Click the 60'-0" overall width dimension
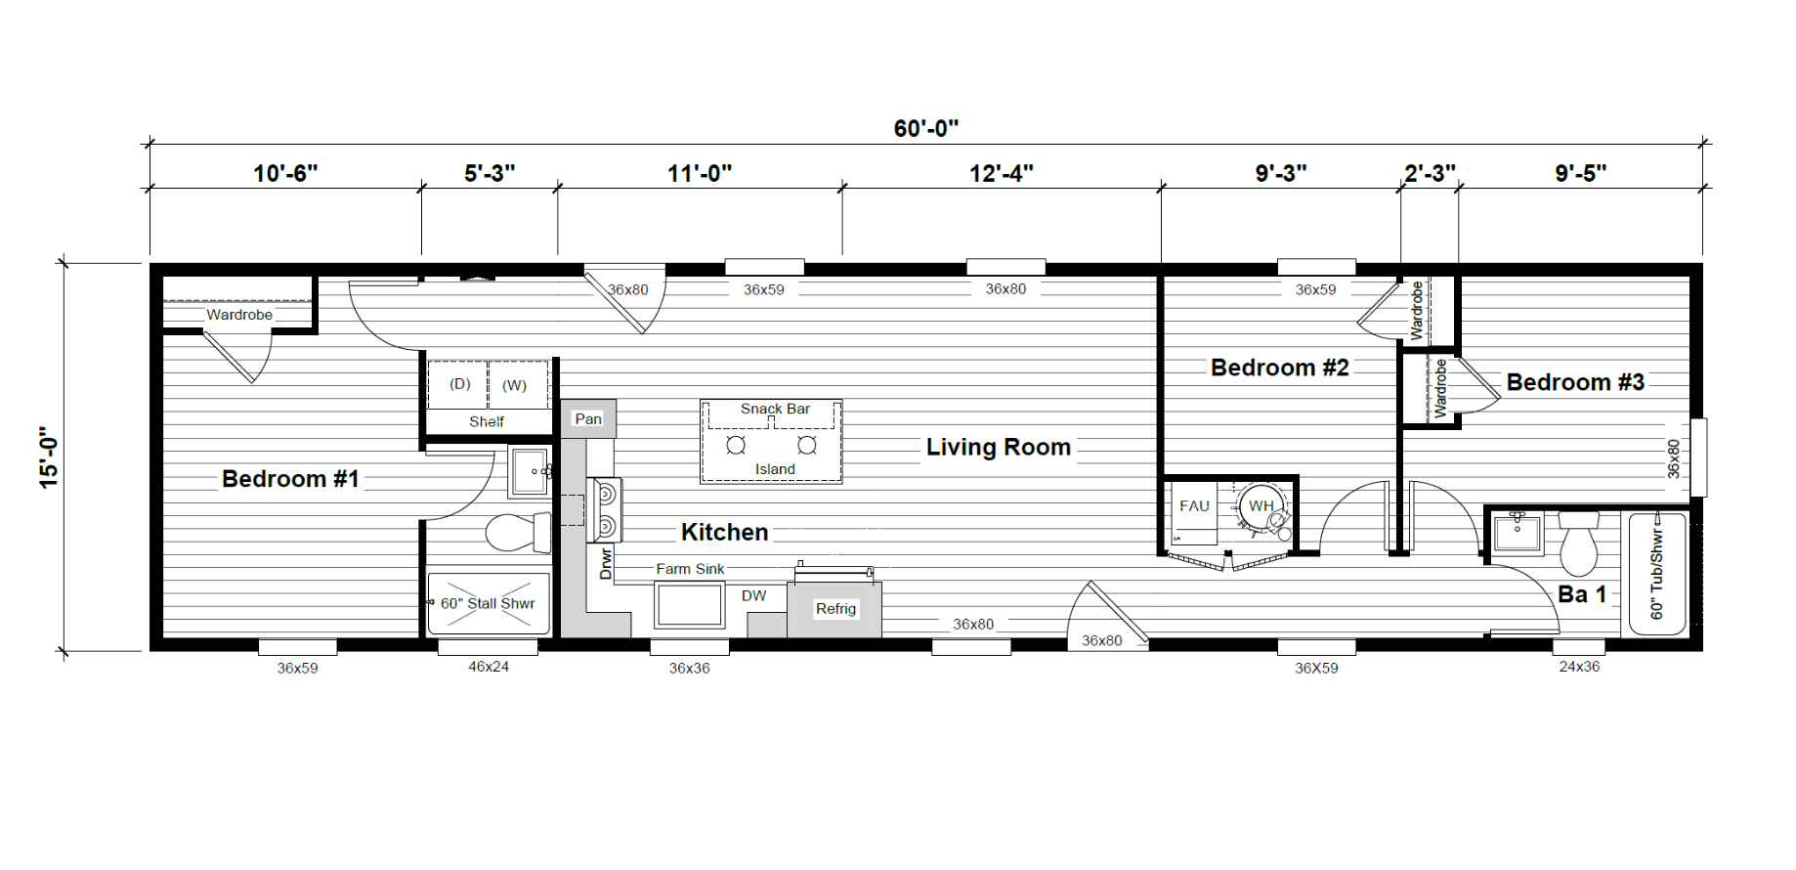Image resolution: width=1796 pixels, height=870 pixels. click(925, 129)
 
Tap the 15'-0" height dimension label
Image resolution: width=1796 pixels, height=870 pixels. click(49, 457)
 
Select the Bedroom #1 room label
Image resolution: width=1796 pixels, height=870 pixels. click(290, 479)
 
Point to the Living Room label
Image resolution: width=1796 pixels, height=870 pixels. click(999, 447)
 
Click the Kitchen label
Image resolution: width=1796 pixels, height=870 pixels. click(724, 532)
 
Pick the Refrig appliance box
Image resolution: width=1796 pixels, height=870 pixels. click(834, 609)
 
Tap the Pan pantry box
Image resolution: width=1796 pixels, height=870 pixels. click(588, 418)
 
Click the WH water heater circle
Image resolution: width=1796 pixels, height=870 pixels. click(1261, 506)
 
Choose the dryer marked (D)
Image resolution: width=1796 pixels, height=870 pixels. click(459, 384)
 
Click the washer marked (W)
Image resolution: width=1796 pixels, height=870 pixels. click(517, 384)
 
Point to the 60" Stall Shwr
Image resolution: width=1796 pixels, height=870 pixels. click(489, 603)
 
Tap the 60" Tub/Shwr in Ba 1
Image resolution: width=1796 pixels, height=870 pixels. click(1657, 575)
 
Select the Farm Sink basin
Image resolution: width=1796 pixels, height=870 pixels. click(690, 605)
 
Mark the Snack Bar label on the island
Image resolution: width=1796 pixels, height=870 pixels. click(775, 409)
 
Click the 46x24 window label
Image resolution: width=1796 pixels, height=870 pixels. click(489, 667)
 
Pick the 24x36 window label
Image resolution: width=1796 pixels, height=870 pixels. click(1579, 667)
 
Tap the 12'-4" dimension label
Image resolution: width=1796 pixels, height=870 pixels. click(1002, 173)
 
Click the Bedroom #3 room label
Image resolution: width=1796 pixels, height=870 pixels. click(1575, 382)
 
